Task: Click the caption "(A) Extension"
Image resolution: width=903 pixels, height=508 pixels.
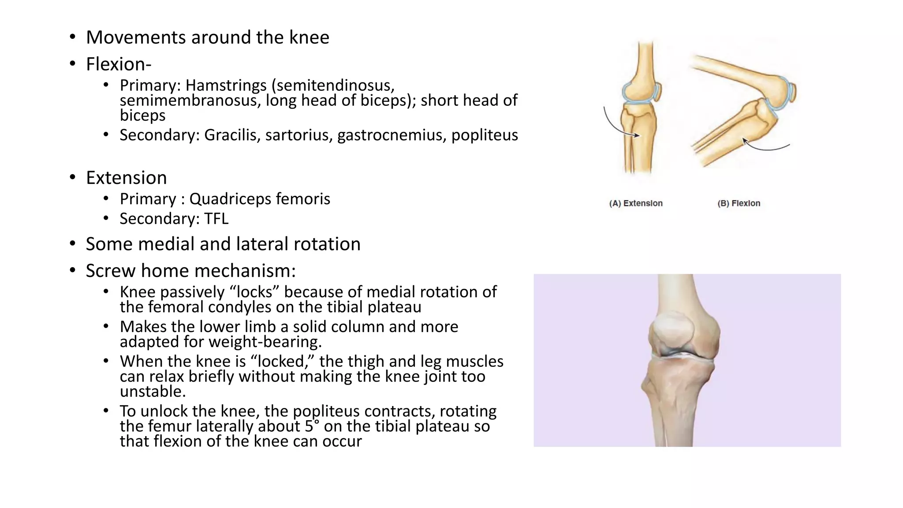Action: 636,203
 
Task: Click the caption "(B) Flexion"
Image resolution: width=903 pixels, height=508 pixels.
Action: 739,203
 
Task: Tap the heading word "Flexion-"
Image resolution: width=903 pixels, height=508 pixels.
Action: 119,64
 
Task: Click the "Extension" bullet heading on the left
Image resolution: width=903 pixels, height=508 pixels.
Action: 126,178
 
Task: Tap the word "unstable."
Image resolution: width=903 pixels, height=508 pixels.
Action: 153,392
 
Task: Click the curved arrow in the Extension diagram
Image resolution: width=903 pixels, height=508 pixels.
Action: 615,126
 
